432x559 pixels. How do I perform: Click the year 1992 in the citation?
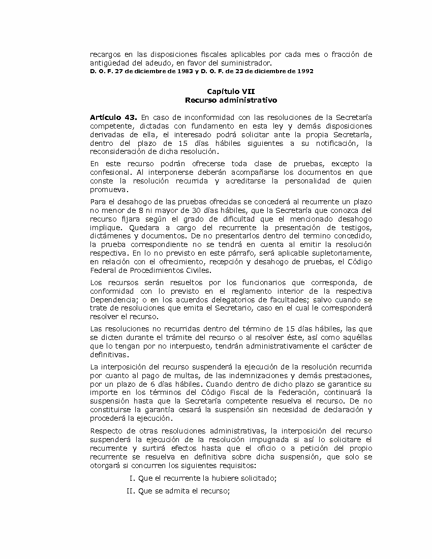coord(303,71)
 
